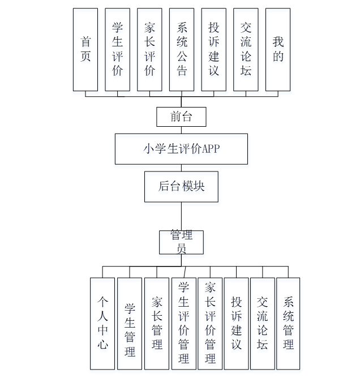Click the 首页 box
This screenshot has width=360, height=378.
click(x=85, y=50)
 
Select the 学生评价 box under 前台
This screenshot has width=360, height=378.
click(x=118, y=50)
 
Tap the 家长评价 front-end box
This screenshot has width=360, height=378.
click(x=149, y=50)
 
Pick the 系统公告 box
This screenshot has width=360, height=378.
click(x=182, y=50)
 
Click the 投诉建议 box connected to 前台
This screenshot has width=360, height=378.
click(x=214, y=50)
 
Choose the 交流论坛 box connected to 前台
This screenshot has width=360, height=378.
click(x=246, y=50)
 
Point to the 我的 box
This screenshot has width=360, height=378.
click(x=278, y=50)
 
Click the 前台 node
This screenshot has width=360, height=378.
click(x=181, y=117)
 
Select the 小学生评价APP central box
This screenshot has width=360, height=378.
click(x=181, y=149)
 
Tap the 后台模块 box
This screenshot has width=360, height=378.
click(x=181, y=186)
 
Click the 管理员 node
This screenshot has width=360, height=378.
click(x=181, y=242)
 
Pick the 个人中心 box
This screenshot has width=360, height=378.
click(x=102, y=323)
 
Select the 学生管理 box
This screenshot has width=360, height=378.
click(x=130, y=323)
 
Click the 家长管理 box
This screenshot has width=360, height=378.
click(x=157, y=323)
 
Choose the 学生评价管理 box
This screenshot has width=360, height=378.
click(x=183, y=323)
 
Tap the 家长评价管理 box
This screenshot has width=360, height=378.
click(x=210, y=323)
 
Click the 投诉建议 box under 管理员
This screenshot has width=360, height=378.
click(x=236, y=323)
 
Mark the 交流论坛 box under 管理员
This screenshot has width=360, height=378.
click(x=262, y=323)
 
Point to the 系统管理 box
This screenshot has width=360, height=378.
click(x=288, y=323)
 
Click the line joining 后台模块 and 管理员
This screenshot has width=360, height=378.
click(x=181, y=216)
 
